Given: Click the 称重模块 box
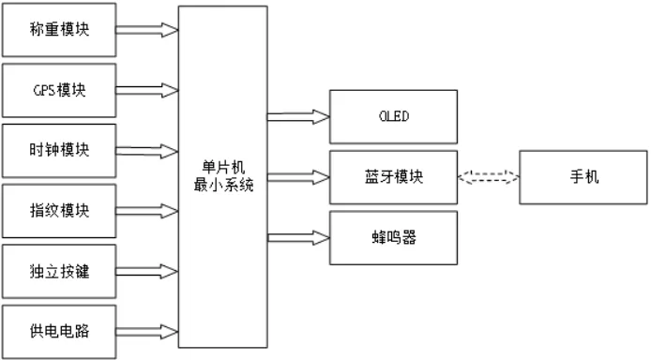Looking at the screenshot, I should click(x=58, y=30).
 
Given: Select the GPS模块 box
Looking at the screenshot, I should click(x=58, y=90).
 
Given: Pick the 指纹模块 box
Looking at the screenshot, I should click(x=58, y=209).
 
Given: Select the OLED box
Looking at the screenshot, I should click(x=392, y=116).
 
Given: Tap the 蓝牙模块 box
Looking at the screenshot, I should click(x=392, y=175).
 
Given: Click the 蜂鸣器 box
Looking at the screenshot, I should click(x=392, y=236).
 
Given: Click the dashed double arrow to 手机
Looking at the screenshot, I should click(x=487, y=175).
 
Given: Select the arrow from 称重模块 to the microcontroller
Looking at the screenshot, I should click(x=146, y=30).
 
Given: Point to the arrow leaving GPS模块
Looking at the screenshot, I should click(x=146, y=91).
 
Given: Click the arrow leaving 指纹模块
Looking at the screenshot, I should click(x=146, y=210).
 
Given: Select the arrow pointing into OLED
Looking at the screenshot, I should click(x=297, y=116).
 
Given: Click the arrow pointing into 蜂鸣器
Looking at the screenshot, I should click(x=297, y=236).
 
